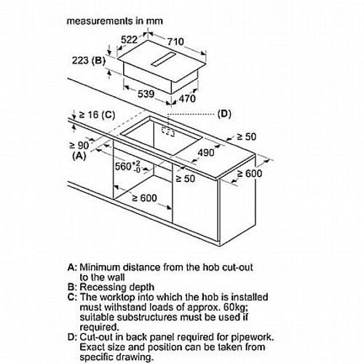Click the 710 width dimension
pyautogui.click(x=175, y=41)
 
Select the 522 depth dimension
pyautogui.click(x=129, y=39)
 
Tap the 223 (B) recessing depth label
pyautogui.click(x=89, y=60)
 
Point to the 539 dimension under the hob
pyautogui.click(x=146, y=94)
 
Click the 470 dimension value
pyautogui.click(x=187, y=98)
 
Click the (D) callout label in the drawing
pyautogui.click(x=224, y=114)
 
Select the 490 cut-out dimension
pyautogui.click(x=206, y=153)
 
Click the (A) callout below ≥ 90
pyautogui.click(x=79, y=156)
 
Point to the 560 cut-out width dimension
pyautogui.click(x=127, y=167)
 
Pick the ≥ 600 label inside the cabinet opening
pyautogui.click(x=144, y=198)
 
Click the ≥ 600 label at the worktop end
pyautogui.click(x=250, y=174)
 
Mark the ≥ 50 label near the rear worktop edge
pyautogui.click(x=246, y=137)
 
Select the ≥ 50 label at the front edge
pyautogui.click(x=185, y=179)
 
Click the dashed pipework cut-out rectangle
pyautogui.click(x=168, y=131)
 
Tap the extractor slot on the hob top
pyautogui.click(x=163, y=59)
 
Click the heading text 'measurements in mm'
pyautogui.click(x=114, y=21)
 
